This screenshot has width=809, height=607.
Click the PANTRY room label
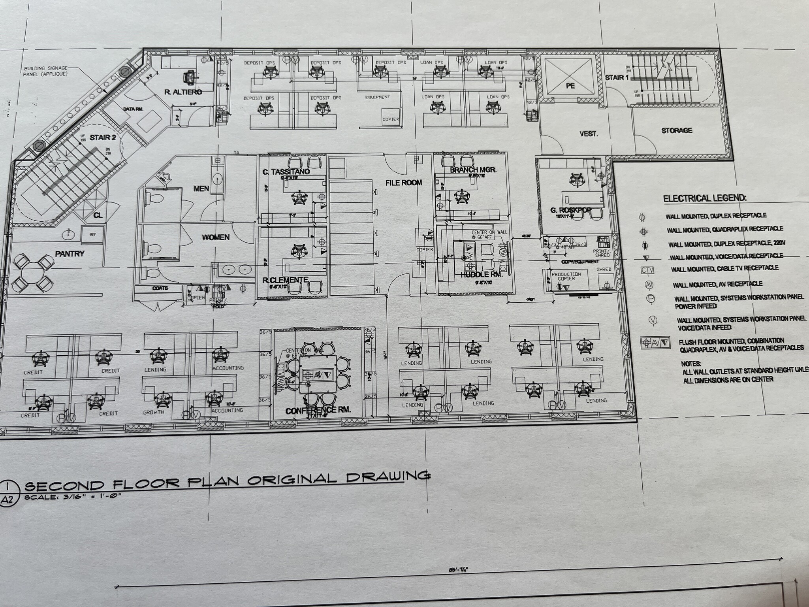[x=70, y=254]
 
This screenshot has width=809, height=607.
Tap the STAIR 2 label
[x=103, y=138]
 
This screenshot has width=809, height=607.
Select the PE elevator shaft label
[x=570, y=86]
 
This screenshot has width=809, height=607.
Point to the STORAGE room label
[x=677, y=130]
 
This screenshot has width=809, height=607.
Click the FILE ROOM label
[x=404, y=183]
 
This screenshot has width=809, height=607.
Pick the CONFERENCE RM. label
[x=318, y=411]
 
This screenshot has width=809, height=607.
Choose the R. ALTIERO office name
[x=183, y=92]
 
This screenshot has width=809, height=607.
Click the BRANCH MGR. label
[x=473, y=170]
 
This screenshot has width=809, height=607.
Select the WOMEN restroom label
[x=216, y=237]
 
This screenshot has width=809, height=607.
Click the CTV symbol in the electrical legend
[x=647, y=271]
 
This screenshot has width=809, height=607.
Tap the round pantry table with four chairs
[x=33, y=272]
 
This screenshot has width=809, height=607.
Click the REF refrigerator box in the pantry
[x=93, y=235]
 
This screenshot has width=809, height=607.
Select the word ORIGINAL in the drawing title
[x=295, y=479]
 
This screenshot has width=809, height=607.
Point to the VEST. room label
[x=588, y=134]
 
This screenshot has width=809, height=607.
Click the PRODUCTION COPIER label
[x=566, y=276]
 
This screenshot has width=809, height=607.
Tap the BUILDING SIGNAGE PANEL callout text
[x=45, y=71]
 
